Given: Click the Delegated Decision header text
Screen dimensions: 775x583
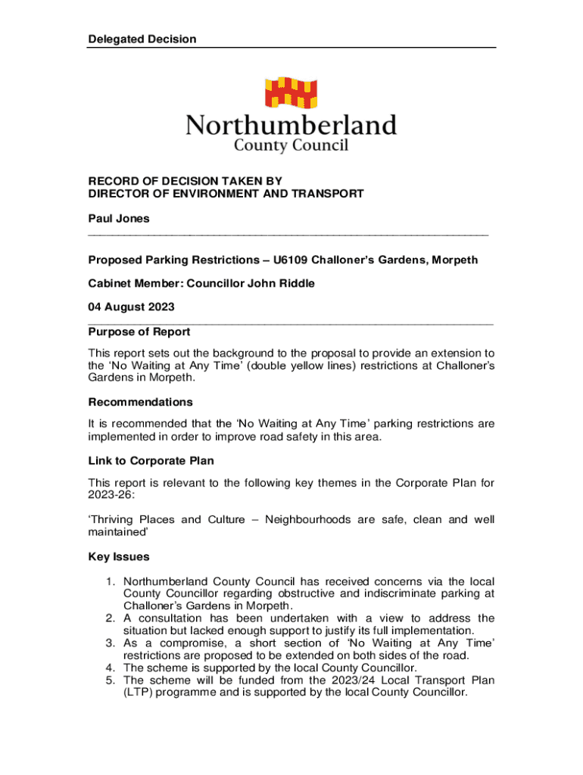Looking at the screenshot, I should pyautogui.click(x=142, y=39).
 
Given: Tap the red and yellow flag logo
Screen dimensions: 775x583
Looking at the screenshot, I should pyautogui.click(x=291, y=92).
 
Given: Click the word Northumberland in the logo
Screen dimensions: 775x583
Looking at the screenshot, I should pyautogui.click(x=291, y=125).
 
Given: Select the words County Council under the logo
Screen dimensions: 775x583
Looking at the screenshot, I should pyautogui.click(x=291, y=146).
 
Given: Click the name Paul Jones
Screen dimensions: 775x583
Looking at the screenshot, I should pyautogui.click(x=119, y=219).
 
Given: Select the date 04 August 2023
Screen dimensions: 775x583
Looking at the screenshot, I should pyautogui.click(x=132, y=307).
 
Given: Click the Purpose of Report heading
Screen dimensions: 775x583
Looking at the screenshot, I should pyautogui.click(x=139, y=331).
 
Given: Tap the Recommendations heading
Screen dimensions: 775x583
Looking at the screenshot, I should pyautogui.click(x=140, y=402).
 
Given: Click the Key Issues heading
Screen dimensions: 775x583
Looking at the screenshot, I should pyautogui.click(x=119, y=557).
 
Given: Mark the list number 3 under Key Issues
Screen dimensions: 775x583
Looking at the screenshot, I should pyautogui.click(x=110, y=643).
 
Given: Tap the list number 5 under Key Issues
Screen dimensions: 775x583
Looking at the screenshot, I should pyautogui.click(x=110, y=680).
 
